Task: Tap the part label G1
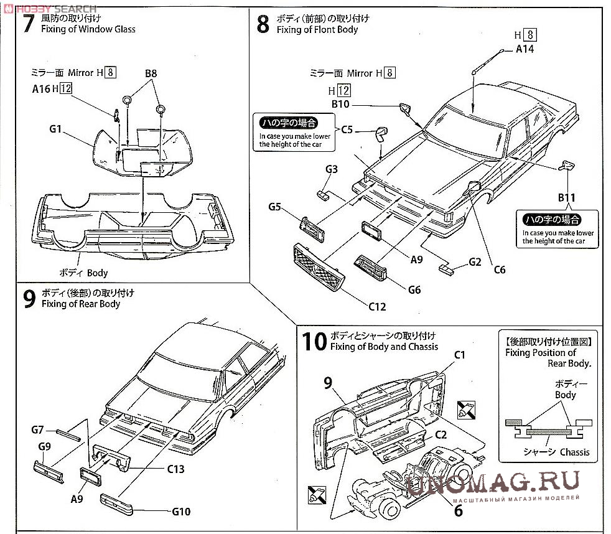pos(55,129)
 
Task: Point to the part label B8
pos(151,73)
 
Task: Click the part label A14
pos(525,49)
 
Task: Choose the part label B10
pos(340,104)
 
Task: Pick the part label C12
pos(377,306)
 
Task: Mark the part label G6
pos(414,289)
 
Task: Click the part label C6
pos(499,269)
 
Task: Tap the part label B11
pos(566,197)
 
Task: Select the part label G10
pos(180,512)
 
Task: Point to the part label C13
pos(175,469)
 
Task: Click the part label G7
pos(37,429)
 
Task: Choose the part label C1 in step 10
pos(460,355)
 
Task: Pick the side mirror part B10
pos(406,108)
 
